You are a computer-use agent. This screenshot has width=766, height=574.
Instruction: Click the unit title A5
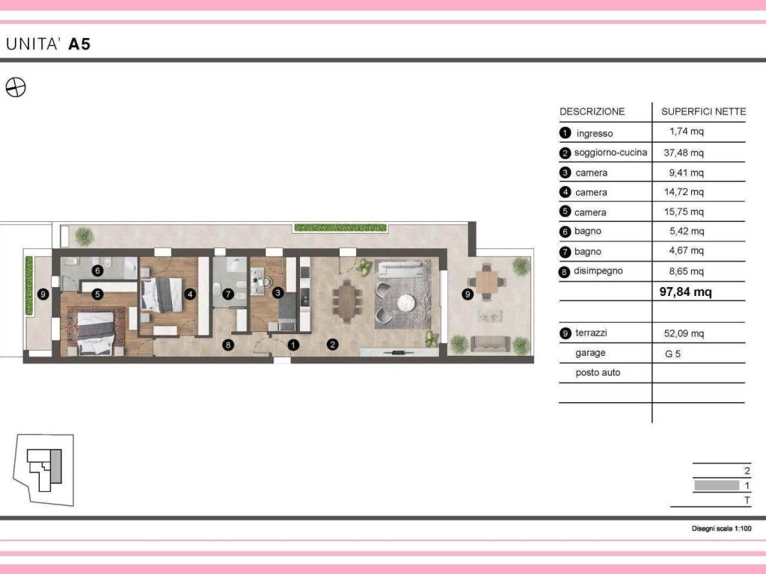coord(79,44)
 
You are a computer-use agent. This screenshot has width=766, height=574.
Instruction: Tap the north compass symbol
coord(15,87)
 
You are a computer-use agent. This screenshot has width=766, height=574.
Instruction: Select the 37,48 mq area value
coord(684,152)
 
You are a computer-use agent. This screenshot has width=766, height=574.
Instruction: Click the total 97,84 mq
coord(685,292)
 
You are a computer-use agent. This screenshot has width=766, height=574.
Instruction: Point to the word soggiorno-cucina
coord(610,152)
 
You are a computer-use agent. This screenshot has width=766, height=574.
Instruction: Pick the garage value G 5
coord(672,354)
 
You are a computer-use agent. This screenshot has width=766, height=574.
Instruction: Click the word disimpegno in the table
coord(598,271)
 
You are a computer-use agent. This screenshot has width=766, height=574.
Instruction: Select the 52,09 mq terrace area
coord(684,333)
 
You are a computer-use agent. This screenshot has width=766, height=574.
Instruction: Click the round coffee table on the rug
coord(405,303)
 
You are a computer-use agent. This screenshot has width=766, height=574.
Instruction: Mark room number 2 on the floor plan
coord(332,345)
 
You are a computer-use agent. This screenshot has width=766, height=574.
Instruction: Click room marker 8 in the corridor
coord(227,345)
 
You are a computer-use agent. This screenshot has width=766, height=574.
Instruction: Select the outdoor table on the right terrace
coord(486,282)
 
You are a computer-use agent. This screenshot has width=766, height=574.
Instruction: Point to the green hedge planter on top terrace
coord(340,227)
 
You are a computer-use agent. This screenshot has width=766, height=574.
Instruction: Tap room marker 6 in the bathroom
coord(97,271)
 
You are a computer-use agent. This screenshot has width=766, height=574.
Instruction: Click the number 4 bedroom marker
coord(189,294)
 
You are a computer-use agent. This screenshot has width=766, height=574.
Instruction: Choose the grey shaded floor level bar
coord(717,485)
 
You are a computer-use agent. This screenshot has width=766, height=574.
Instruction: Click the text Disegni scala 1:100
coord(721,528)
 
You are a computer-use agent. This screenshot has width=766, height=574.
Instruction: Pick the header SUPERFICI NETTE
coord(703,112)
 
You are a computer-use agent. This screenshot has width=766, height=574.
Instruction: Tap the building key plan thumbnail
coord(43,469)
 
